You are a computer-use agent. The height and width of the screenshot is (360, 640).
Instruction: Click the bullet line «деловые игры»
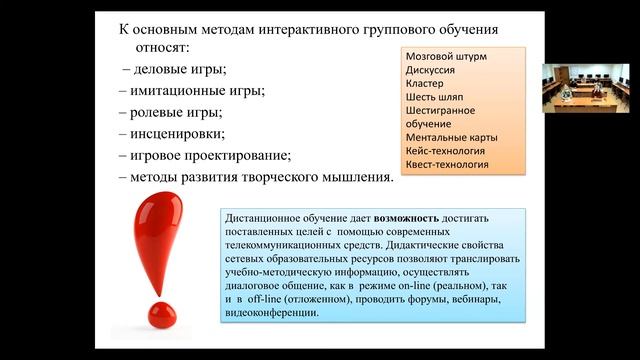(176, 70)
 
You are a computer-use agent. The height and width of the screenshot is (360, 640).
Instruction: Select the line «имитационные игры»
(192, 91)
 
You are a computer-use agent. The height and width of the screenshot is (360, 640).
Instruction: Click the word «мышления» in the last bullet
(351, 177)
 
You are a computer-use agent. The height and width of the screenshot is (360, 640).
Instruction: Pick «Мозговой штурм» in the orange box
(446, 57)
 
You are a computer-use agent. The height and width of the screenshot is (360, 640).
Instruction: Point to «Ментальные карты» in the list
(452, 136)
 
